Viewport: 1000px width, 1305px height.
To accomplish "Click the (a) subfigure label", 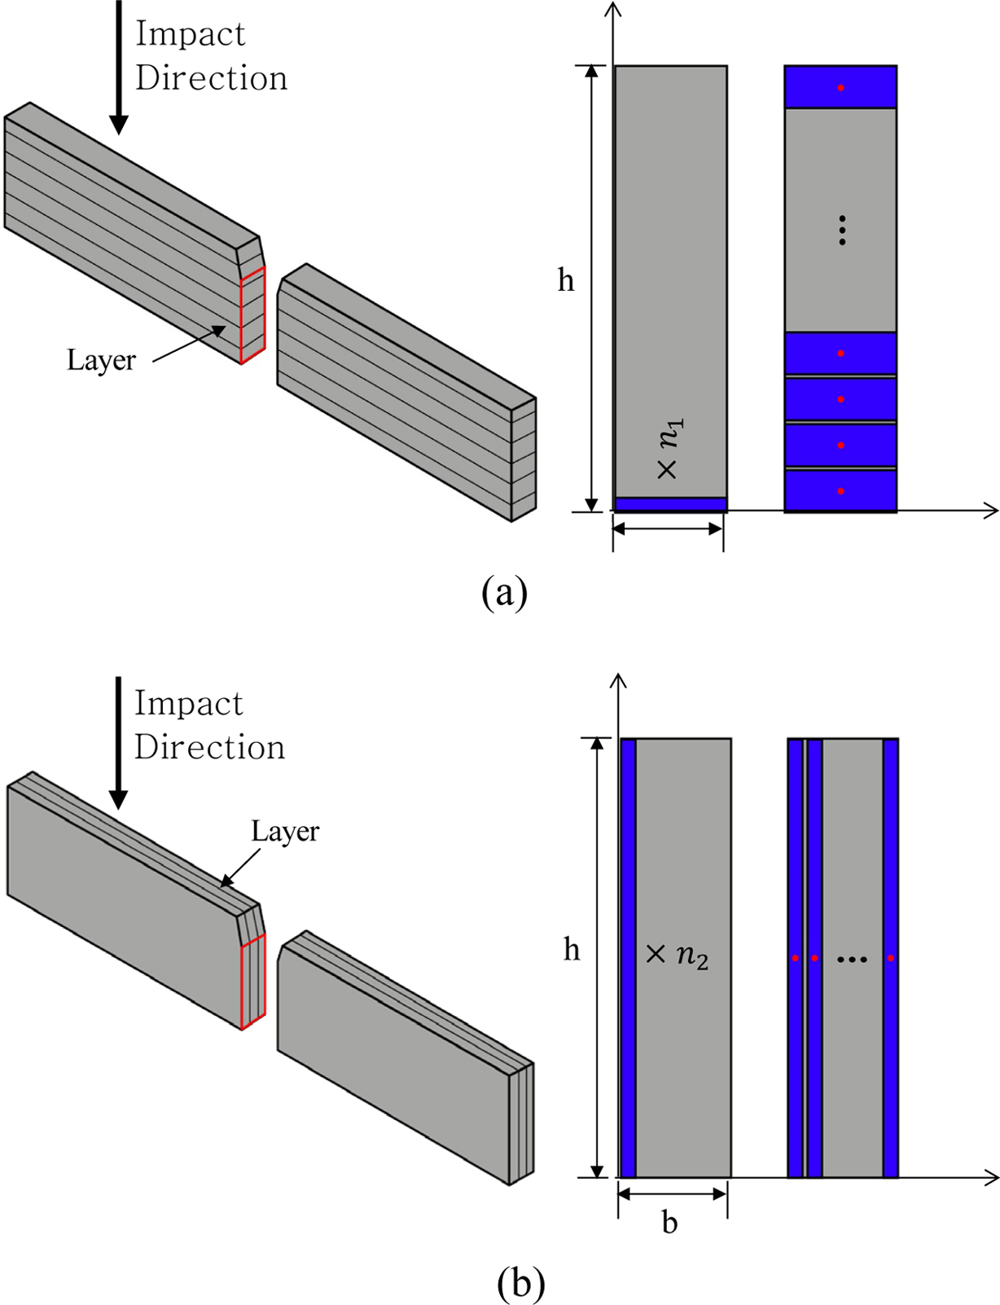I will pos(504,592).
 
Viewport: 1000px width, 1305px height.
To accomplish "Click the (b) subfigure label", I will pos(520,1283).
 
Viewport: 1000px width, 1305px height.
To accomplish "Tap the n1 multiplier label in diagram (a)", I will pos(670,449).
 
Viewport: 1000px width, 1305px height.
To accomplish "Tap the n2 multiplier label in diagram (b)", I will pos(677,954).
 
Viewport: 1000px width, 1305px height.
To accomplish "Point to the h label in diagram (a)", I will pos(565,281).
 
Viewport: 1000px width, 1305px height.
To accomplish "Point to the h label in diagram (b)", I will pos(572,950).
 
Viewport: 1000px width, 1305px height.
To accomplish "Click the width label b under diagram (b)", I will pos(669,1223).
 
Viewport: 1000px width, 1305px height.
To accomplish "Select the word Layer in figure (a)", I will pos(101,360).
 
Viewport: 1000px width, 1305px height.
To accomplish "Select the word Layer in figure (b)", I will pos(285,831).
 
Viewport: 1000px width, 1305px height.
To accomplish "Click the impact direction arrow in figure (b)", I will pos(119,741).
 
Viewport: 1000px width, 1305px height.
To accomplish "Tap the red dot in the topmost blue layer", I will pos(840,87).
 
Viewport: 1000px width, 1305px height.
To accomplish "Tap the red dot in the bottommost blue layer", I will pos(840,491).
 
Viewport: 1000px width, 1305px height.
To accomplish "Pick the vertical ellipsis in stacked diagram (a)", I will pos(842,231).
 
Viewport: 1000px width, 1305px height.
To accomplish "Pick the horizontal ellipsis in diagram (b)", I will pos(852,960).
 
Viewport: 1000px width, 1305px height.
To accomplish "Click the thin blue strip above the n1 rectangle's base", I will pos(670,504).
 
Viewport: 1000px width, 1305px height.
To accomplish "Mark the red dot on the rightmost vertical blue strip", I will pos(890,958).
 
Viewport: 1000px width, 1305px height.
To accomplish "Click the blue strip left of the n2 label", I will pos(628,957).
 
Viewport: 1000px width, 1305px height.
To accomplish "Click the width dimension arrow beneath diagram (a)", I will pos(668,529).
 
